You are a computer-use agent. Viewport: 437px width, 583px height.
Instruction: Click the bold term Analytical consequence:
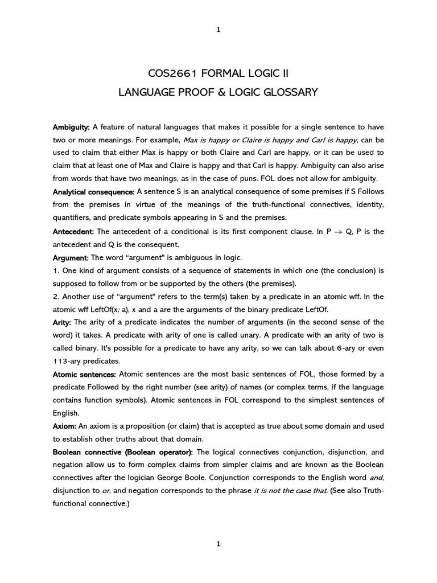[93, 191]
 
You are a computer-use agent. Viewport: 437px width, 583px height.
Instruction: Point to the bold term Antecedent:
[74, 232]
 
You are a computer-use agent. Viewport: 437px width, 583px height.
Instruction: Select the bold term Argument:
[71, 258]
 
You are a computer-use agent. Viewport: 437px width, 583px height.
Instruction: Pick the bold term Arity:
[63, 322]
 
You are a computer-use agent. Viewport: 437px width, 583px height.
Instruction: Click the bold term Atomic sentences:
[84, 374]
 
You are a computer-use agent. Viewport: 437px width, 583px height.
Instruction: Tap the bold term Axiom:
[64, 426]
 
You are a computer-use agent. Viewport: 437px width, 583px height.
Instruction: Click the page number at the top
[218, 30]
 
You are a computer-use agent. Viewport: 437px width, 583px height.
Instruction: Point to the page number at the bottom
[218, 544]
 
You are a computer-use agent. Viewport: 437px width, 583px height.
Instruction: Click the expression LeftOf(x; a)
[121, 310]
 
